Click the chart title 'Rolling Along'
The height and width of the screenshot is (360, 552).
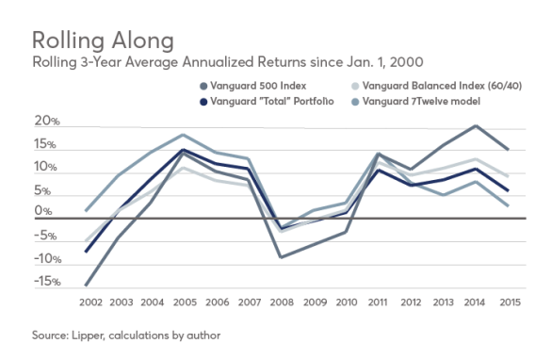pyautogui.click(x=103, y=41)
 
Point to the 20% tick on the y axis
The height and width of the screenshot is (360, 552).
pyautogui.click(x=44, y=123)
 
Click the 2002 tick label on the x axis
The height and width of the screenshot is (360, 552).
pyautogui.click(x=90, y=303)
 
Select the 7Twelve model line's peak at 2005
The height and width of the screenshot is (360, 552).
pyautogui.click(x=183, y=135)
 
